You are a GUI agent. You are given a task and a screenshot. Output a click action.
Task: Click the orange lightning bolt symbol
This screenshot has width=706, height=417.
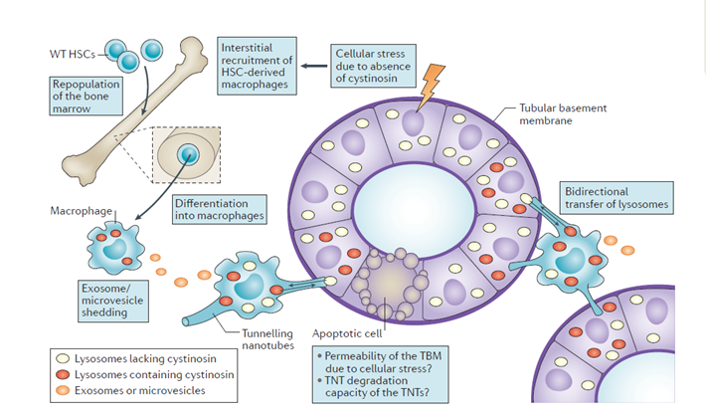(x=432, y=88)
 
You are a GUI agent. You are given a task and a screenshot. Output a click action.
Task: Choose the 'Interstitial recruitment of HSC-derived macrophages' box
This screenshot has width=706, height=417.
(x=257, y=66)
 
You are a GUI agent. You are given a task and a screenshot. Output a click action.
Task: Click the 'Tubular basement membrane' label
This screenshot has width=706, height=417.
(x=561, y=114)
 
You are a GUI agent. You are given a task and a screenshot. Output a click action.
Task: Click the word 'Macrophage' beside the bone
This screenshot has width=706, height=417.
(x=81, y=211)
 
